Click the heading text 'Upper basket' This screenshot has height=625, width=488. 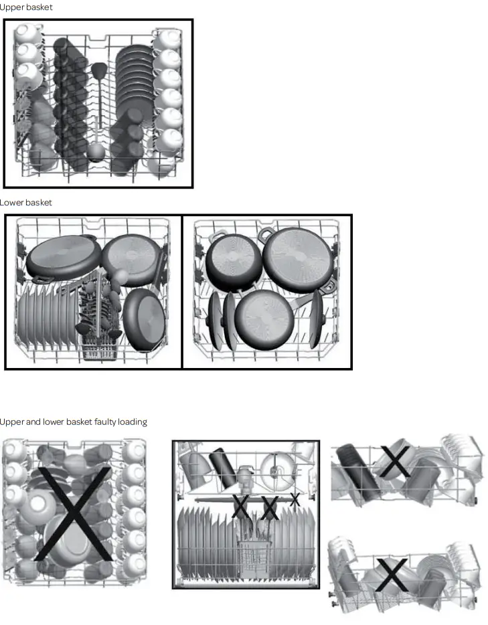click(26, 7)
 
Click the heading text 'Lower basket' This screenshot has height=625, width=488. click(26, 202)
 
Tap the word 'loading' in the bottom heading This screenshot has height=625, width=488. click(133, 422)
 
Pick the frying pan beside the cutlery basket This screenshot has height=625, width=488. click(145, 318)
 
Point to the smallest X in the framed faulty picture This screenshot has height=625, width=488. click(294, 499)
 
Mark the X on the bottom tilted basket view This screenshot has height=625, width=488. click(391, 575)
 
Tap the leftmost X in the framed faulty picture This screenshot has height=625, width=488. click(241, 507)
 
